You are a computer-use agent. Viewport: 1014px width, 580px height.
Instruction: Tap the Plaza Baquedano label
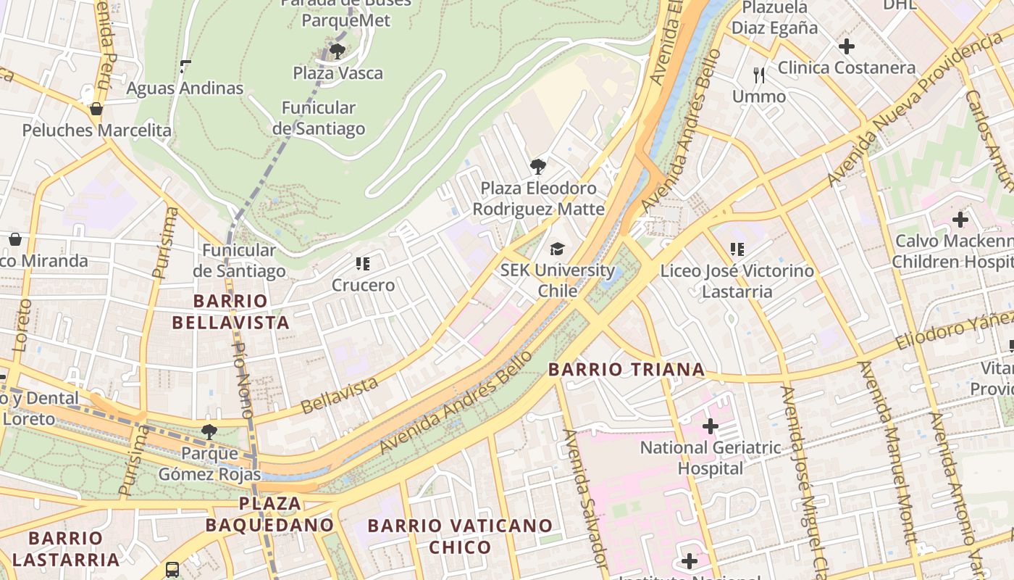click(x=269, y=513)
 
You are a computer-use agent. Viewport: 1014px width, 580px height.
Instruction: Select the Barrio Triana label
click(x=627, y=369)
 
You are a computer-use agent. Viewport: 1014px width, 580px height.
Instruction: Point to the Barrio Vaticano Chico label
click(x=460, y=535)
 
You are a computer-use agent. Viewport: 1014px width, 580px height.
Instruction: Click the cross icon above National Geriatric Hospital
click(x=710, y=426)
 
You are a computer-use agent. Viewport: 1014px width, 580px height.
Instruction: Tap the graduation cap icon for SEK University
click(x=557, y=249)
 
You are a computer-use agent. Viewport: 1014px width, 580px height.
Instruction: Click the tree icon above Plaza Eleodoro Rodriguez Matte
click(x=537, y=167)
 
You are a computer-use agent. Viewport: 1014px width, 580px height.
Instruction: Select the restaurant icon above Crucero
click(x=363, y=264)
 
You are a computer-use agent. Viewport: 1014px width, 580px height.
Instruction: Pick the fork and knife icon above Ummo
click(x=759, y=75)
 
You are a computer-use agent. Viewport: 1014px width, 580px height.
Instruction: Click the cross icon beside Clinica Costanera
click(x=846, y=47)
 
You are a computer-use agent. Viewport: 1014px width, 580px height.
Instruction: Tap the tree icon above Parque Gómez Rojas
click(x=209, y=432)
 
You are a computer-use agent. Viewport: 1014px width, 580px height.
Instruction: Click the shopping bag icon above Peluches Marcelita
click(x=96, y=109)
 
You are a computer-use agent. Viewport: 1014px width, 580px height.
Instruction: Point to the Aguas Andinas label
click(x=185, y=88)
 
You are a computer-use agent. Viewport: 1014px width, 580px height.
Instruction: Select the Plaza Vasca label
click(x=338, y=73)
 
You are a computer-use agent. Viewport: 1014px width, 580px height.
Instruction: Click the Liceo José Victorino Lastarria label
click(x=737, y=281)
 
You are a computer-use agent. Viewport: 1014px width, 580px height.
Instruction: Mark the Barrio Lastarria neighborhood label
click(x=65, y=548)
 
